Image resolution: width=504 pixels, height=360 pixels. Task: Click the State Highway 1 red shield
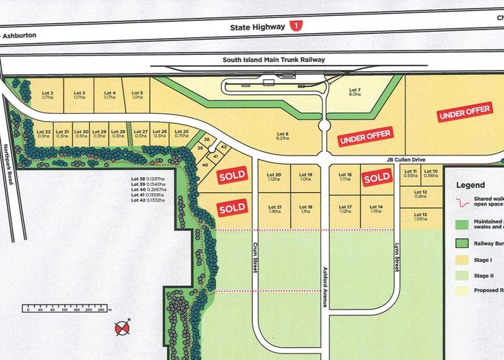297,26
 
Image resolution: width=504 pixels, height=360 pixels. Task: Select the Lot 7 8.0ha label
354,91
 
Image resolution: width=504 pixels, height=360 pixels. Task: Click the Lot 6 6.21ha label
282,136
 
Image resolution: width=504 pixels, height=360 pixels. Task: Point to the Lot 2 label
48,96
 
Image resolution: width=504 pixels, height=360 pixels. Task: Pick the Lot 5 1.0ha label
137,96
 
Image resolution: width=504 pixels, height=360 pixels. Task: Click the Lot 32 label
43,135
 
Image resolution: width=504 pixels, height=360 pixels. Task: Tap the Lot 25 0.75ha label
181,135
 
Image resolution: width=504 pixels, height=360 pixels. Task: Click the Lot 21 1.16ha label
274,210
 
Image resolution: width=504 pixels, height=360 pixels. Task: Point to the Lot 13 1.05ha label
420,218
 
